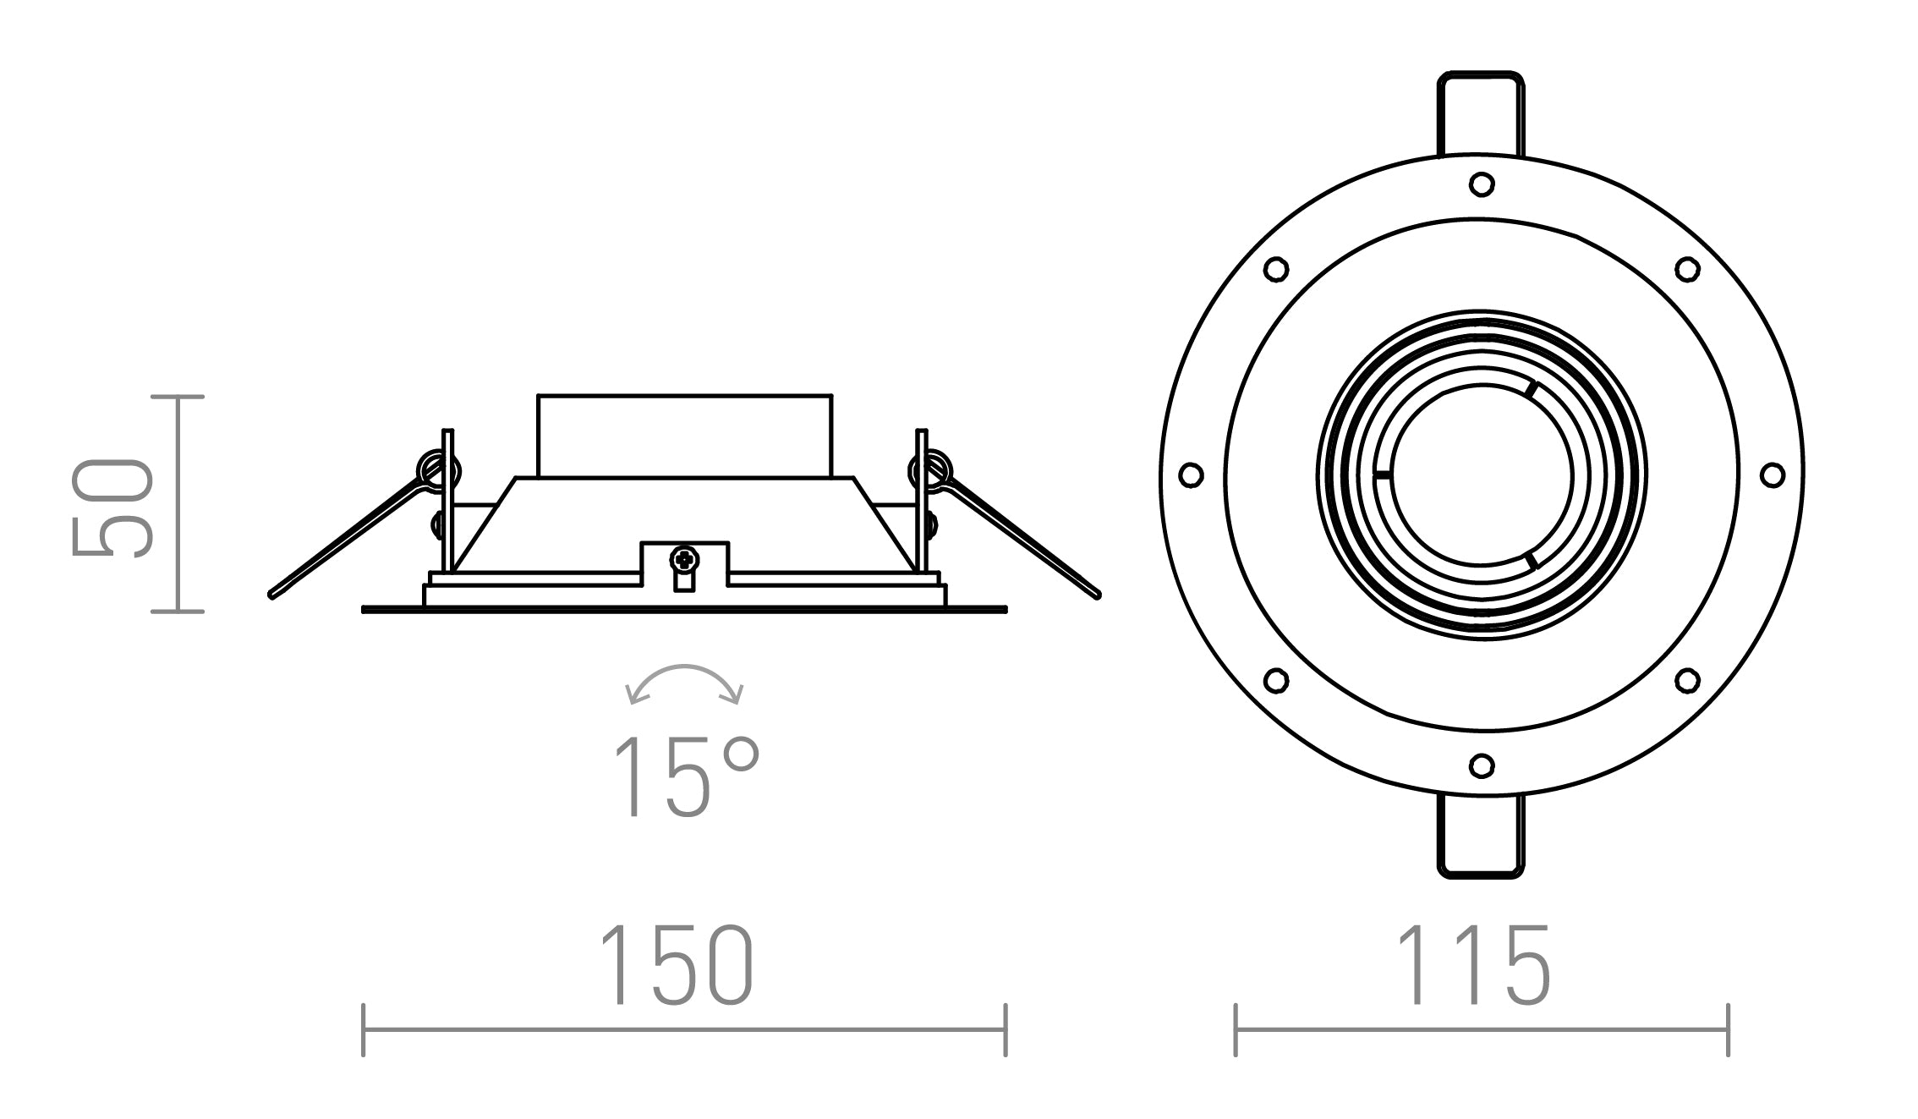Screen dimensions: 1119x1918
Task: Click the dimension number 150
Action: coord(677,966)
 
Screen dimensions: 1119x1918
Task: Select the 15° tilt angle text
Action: coord(685,776)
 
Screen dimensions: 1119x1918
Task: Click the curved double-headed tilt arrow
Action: coord(683,679)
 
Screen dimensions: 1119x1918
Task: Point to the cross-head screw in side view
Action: coord(684,559)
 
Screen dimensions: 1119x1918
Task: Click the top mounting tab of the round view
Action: coord(1481,114)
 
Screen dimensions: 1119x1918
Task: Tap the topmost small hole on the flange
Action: coord(1481,184)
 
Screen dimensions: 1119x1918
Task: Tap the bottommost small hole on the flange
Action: coord(1481,766)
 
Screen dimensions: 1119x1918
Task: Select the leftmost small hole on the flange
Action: coord(1191,474)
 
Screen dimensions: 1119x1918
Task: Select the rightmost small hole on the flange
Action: coord(1773,474)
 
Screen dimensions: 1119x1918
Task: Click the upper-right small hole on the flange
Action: coord(1687,270)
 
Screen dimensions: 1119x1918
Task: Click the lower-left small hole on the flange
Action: coord(1275,680)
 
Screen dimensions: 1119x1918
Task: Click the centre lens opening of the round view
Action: coord(1481,475)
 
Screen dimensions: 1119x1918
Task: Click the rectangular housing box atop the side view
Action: coord(684,435)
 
